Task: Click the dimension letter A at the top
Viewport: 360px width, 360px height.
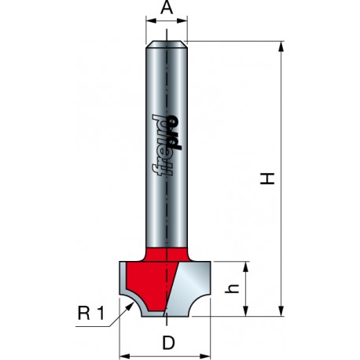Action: (x=167, y=8)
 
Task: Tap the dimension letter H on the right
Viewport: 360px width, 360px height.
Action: (x=267, y=178)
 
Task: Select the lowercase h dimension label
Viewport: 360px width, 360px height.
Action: (x=233, y=288)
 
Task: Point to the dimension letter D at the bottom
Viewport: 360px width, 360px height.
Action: (x=168, y=343)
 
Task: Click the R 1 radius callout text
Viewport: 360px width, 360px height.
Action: (x=91, y=313)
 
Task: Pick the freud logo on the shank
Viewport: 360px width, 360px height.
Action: (x=167, y=145)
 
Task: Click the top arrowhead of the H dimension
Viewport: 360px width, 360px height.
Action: (x=281, y=46)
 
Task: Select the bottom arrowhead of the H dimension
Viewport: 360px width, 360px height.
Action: (x=281, y=311)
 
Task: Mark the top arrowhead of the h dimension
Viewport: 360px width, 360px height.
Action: (x=245, y=266)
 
